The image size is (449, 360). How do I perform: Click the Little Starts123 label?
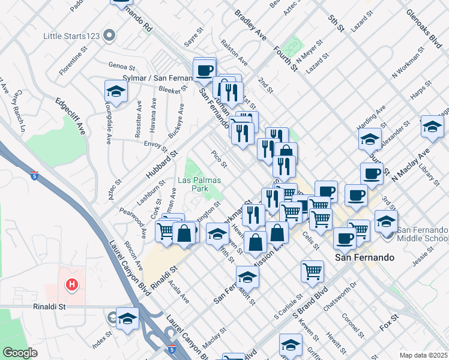(x=71, y=36)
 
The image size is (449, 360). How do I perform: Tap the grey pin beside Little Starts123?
(x=109, y=36)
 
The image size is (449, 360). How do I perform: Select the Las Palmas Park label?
(x=199, y=184)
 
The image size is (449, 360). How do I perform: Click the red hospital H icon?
(x=72, y=284)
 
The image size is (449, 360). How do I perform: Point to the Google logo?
(x=20, y=352)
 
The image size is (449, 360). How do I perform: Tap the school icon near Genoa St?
(x=115, y=91)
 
